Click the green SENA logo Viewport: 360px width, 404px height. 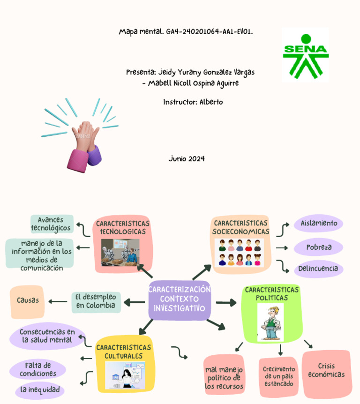pyautogui.click(x=305, y=55)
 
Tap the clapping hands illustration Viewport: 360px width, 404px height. pyautogui.click(x=82, y=139)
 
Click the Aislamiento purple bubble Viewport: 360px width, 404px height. pyautogui.click(x=318, y=224)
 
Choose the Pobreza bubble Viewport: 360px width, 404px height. pyautogui.click(x=318, y=247)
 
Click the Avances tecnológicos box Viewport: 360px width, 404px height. pyautogui.click(x=52, y=224)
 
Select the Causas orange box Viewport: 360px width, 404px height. pyautogui.click(x=27, y=301)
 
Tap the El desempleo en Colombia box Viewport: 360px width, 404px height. pyautogui.click(x=96, y=301)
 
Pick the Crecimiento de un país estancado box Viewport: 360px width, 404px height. pyautogui.click(x=279, y=376)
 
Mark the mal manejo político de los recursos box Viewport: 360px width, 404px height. pyautogui.click(x=225, y=378)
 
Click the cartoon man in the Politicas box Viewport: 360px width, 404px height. pyautogui.click(x=270, y=322)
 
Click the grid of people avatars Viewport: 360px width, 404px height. pyautogui.click(x=239, y=253)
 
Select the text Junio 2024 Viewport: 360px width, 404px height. pyautogui.click(x=187, y=159)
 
